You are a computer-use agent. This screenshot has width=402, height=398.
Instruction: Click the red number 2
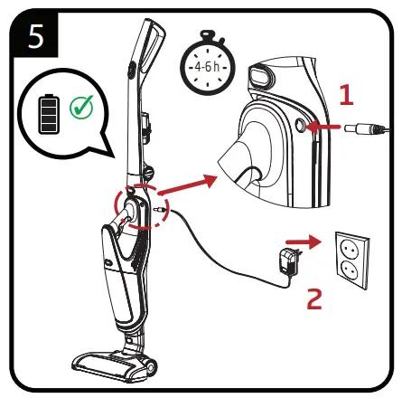tap(313, 298)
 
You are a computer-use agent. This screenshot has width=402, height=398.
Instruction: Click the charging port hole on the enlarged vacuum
tap(298, 129)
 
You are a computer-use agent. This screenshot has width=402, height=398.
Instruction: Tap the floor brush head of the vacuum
tap(113, 363)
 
